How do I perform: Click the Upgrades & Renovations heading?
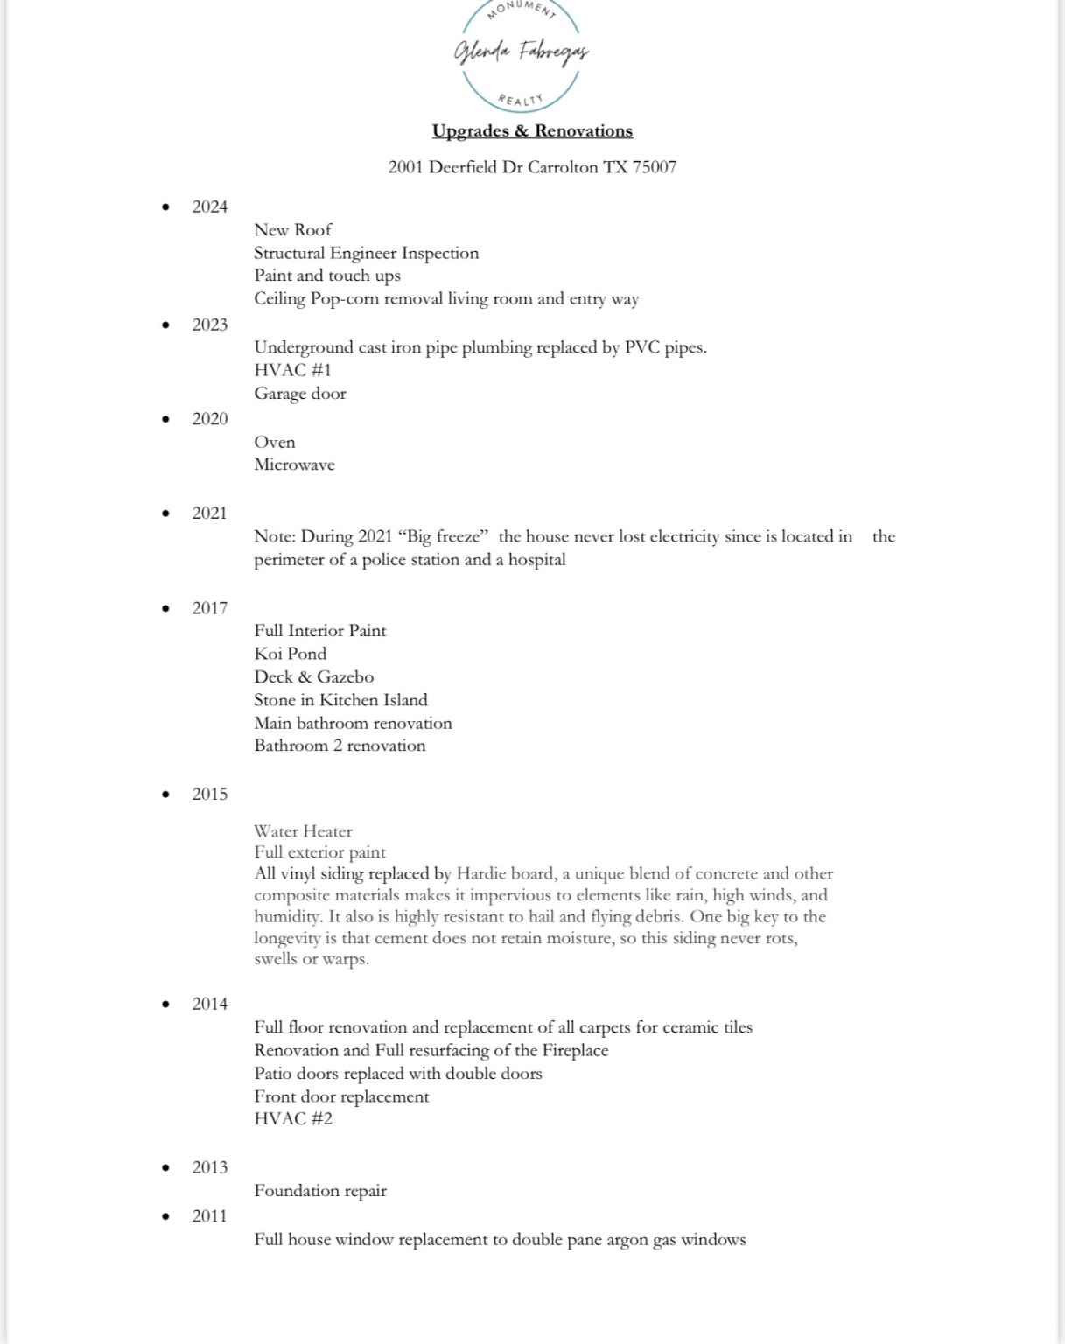[532, 131]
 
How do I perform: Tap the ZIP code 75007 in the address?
[655, 167]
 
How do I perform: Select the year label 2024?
[210, 206]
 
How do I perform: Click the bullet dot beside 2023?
[165, 325]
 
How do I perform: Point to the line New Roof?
[293, 230]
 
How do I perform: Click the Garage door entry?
[300, 394]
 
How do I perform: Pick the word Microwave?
[294, 465]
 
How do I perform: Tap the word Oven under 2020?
[275, 443]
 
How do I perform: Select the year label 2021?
[210, 514]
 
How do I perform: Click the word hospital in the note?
[537, 560]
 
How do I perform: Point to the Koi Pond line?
[291, 654]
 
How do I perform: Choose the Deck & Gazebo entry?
[313, 677]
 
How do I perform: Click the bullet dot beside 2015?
[165, 794]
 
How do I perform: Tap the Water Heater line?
[304, 831]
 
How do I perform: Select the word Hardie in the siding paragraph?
[481, 873]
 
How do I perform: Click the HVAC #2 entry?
[293, 1119]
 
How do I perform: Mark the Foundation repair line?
[320, 1191]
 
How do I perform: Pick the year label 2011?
[210, 1216]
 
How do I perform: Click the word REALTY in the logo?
[521, 100]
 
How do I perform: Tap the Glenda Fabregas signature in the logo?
[521, 52]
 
